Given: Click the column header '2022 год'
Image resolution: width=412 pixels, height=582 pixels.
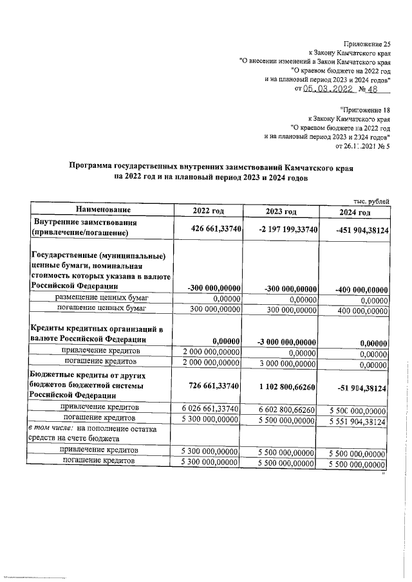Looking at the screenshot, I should point(209,211).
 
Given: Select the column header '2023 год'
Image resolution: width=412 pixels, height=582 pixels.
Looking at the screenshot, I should point(281,212).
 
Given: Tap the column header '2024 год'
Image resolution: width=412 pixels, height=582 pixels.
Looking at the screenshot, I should point(355,213).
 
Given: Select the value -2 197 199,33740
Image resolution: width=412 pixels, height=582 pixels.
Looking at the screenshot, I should point(281,229).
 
